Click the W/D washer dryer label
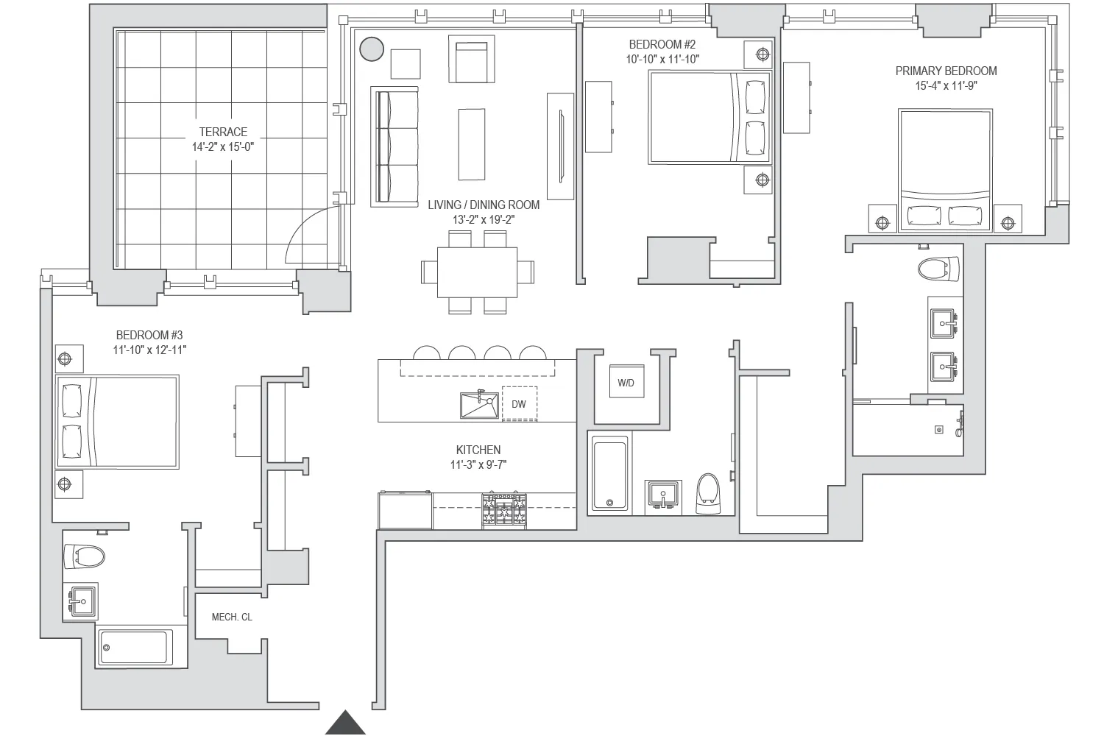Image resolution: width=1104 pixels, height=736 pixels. (x=625, y=383)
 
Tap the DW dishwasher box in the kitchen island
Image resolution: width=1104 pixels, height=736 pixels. (x=519, y=403)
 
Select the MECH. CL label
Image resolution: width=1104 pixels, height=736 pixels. (x=232, y=617)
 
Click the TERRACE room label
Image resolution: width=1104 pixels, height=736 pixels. (x=223, y=132)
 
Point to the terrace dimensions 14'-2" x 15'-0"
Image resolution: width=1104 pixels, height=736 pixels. (x=223, y=147)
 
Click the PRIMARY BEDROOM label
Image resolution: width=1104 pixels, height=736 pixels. (x=946, y=71)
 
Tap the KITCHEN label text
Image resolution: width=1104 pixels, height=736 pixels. (x=478, y=450)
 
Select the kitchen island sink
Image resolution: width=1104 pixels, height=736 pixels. (x=479, y=406)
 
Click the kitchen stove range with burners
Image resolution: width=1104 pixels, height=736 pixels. (x=504, y=510)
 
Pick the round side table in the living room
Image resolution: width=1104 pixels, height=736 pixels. (x=372, y=49)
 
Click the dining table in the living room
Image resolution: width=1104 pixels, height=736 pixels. (x=477, y=272)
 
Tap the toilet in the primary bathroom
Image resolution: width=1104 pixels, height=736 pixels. (x=938, y=269)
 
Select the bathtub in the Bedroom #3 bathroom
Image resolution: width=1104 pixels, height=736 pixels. (x=135, y=648)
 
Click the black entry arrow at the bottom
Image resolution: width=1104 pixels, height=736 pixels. (x=345, y=723)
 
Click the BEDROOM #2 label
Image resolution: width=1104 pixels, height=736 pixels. (x=662, y=45)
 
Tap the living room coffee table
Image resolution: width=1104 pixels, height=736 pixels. (x=472, y=144)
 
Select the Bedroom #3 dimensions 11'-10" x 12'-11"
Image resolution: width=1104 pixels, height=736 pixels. (x=149, y=350)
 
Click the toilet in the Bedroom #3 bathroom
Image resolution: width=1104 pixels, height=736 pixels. (x=84, y=556)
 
